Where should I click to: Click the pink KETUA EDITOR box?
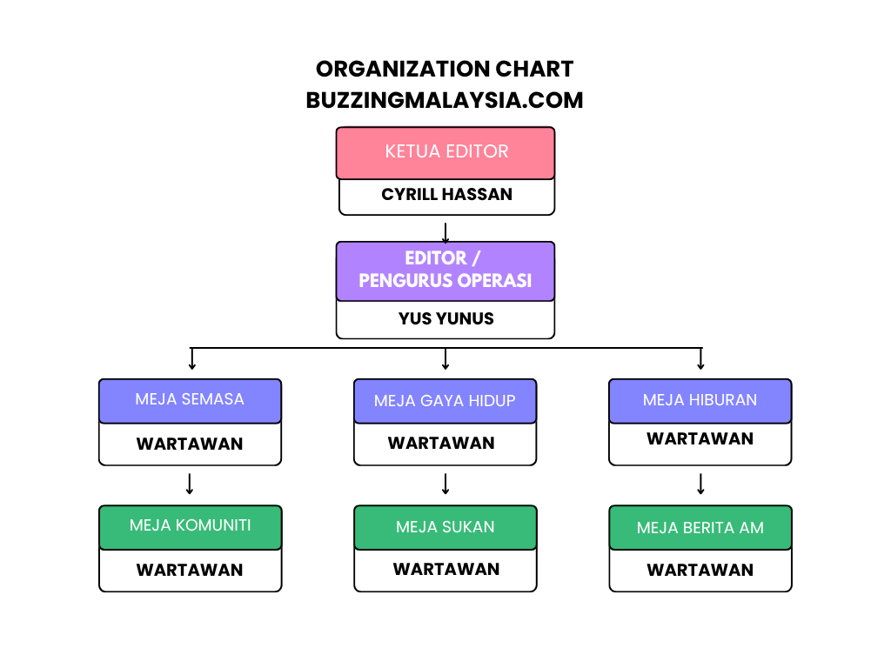click(x=445, y=153)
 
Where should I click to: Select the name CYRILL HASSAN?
click(x=446, y=194)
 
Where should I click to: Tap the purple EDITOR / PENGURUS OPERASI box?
click(x=445, y=271)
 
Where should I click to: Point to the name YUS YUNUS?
click(x=446, y=318)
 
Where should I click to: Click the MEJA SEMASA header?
click(x=190, y=401)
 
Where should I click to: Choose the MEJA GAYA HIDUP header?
click(x=445, y=401)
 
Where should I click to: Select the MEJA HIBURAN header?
click(x=700, y=401)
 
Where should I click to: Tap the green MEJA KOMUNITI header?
click(x=191, y=527)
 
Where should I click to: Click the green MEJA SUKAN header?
click(x=445, y=527)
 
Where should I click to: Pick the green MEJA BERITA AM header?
click(x=700, y=527)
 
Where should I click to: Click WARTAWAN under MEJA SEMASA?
click(x=190, y=444)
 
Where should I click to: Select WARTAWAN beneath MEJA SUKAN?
click(x=446, y=569)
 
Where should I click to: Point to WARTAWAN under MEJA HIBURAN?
click(x=700, y=438)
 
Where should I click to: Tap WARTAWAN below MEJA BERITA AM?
click(x=700, y=570)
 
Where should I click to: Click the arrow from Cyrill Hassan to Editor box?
click(x=445, y=233)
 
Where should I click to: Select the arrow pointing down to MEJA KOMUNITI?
click(x=190, y=484)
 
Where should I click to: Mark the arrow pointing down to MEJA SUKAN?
click(x=445, y=484)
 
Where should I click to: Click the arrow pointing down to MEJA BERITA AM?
click(x=700, y=484)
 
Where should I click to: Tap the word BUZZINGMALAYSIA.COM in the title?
click(x=445, y=100)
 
